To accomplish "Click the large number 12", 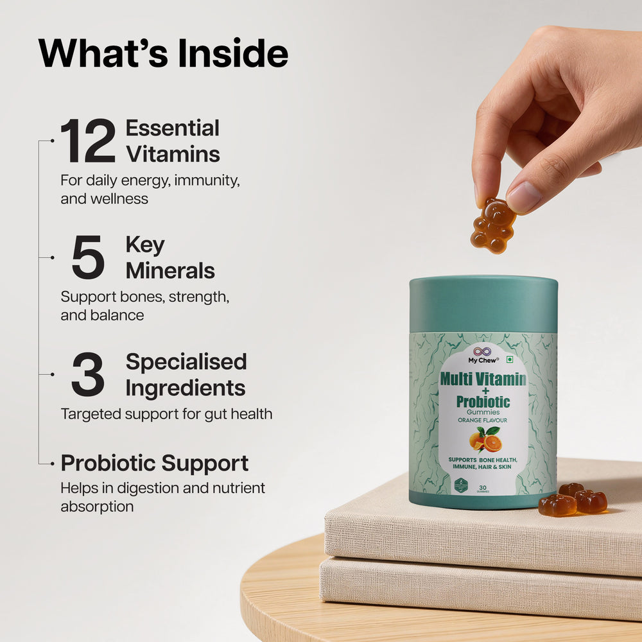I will (88, 142).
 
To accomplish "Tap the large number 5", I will (88, 258).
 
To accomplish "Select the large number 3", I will (88, 375).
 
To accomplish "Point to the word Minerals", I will (170, 271).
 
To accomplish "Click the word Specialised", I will (186, 361).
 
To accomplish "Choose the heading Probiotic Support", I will (155, 463).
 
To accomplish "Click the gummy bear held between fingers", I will (493, 225).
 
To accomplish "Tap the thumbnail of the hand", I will (523, 197).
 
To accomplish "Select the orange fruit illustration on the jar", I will (486, 441).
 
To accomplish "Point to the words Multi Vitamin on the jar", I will (483, 379).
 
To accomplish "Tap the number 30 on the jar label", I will (482, 488).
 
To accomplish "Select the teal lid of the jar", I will (483, 304).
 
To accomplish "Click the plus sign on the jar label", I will (483, 391).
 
